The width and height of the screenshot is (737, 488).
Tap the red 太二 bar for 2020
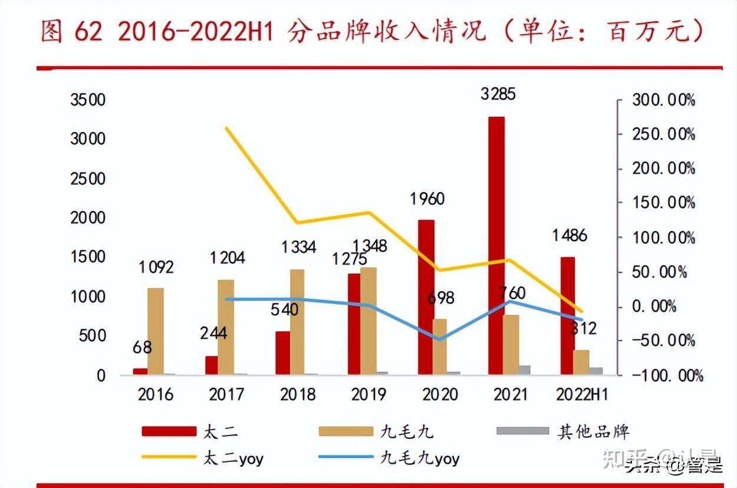pos(426,297)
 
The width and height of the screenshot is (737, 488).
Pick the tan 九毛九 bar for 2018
pos(297,322)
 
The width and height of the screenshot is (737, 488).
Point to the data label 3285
pos(498,94)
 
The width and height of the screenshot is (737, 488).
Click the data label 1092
pos(156,267)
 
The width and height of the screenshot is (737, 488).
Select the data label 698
pos(440,298)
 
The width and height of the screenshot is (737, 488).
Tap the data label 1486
pos(570,236)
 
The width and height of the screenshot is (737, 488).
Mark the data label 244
pos(213,333)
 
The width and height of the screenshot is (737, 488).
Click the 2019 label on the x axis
pos(368,394)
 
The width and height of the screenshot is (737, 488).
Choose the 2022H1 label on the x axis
pos(582,394)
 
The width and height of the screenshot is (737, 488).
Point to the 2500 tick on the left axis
pos(88,179)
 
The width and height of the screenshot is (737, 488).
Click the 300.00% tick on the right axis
pos(663,100)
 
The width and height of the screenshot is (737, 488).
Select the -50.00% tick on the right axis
pos(663,341)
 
